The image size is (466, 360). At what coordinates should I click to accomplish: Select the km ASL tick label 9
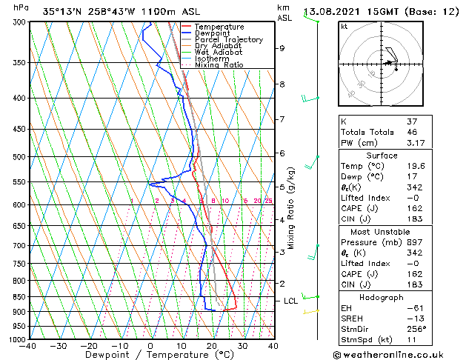(282, 48)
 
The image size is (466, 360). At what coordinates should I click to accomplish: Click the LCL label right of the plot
(290, 301)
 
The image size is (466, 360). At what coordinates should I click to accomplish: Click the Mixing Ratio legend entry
(219, 65)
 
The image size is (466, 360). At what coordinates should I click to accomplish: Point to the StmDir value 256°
(413, 329)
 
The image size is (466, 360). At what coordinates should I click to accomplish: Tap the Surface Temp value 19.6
(413, 166)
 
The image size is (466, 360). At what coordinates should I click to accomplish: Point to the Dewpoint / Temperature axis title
(151, 355)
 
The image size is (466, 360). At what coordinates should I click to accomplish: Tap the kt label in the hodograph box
(344, 26)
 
